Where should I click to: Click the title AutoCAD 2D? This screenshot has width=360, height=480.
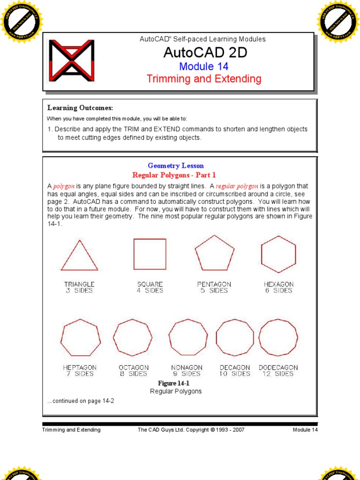click(x=205, y=53)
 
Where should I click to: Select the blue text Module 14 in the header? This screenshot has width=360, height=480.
click(x=203, y=67)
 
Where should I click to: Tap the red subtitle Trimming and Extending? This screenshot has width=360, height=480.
click(x=204, y=78)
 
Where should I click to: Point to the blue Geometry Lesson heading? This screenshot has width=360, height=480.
click(x=176, y=165)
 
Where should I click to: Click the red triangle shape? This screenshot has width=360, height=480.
click(x=79, y=257)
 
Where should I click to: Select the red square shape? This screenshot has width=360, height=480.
click(x=150, y=254)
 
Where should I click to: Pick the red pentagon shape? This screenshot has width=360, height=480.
click(x=214, y=253)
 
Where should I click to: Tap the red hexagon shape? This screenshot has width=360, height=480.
click(x=278, y=254)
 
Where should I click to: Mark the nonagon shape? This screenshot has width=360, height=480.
click(x=187, y=337)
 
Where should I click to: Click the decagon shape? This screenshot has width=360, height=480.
click(x=234, y=337)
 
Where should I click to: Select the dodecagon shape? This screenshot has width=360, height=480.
click(x=278, y=337)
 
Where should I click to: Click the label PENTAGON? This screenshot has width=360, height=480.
click(x=214, y=284)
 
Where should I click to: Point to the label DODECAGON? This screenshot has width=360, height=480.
click(x=278, y=367)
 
